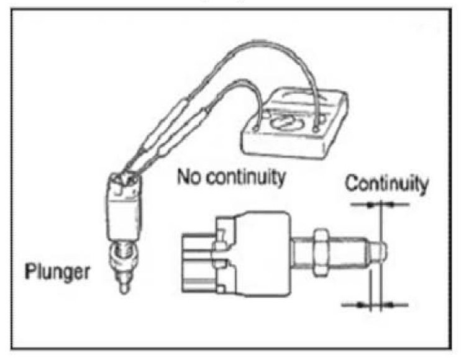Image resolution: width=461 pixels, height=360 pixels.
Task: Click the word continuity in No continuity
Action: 244,179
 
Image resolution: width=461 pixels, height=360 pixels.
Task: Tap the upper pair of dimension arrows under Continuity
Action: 380,204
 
